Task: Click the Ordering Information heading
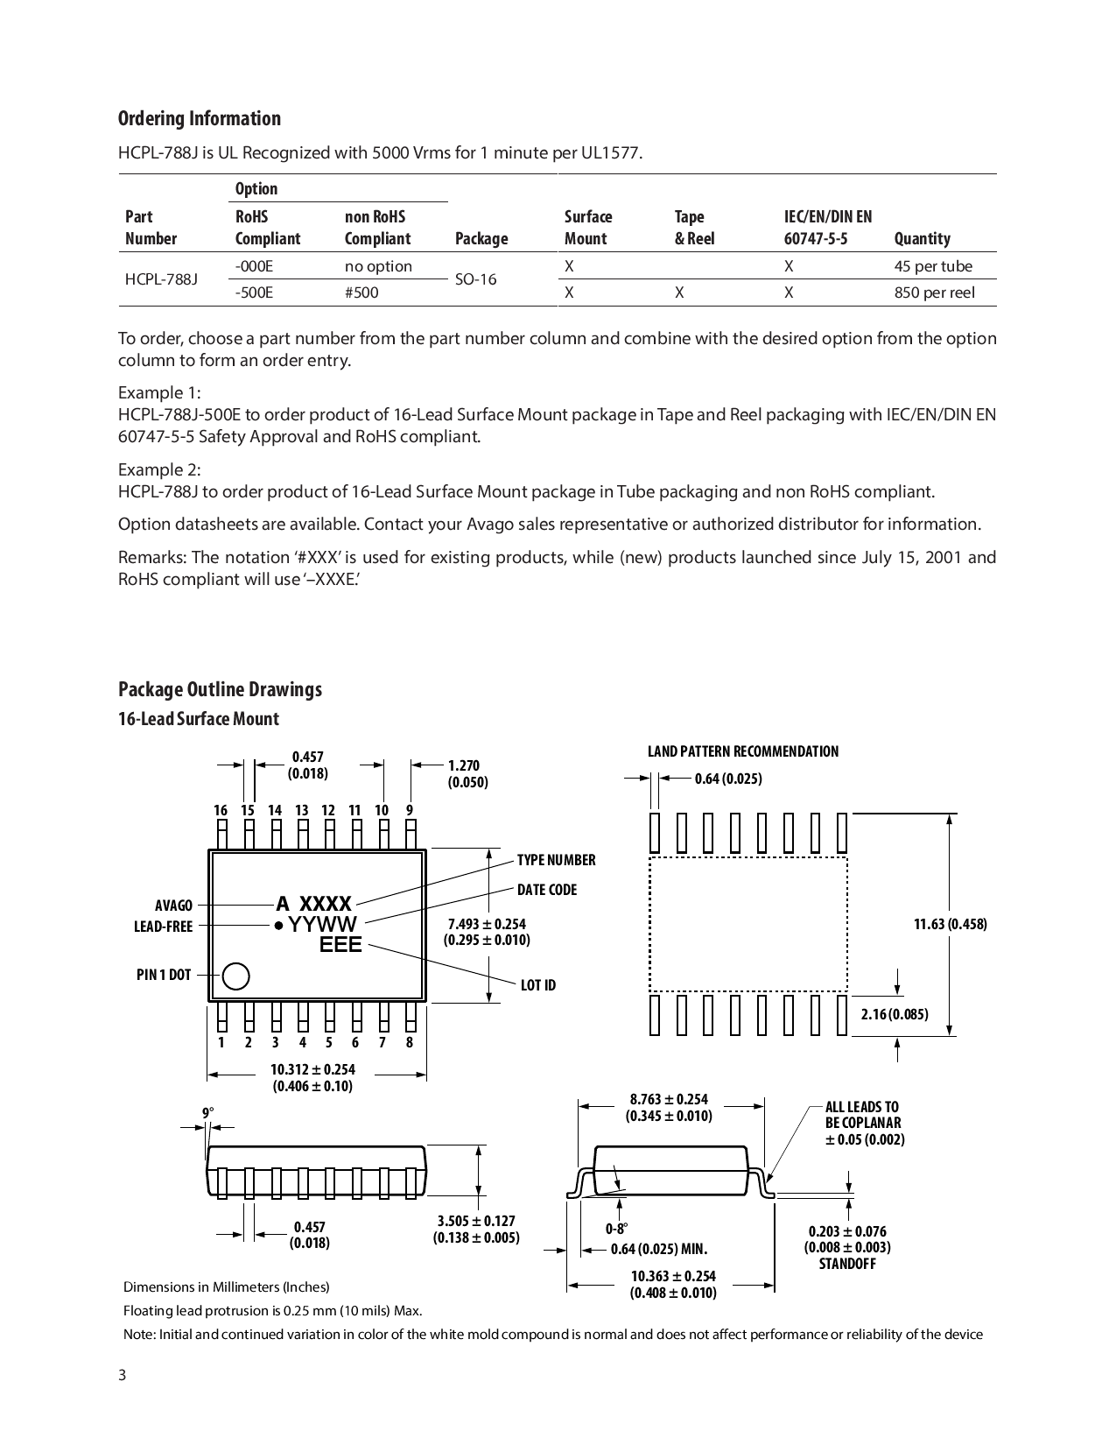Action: (200, 119)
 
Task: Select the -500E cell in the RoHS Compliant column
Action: (254, 293)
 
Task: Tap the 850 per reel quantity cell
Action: (934, 293)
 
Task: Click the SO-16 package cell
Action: (475, 279)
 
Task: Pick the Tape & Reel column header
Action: (693, 228)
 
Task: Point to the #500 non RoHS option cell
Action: (361, 293)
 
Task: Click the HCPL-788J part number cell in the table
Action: (161, 279)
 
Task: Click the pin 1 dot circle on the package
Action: (235, 976)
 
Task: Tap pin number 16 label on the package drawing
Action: (221, 811)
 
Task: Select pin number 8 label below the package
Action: (410, 1042)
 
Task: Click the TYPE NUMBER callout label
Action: (556, 860)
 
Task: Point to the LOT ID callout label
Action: (537, 985)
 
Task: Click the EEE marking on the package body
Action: (340, 945)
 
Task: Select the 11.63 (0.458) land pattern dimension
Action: (950, 924)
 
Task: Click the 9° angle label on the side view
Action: (208, 1113)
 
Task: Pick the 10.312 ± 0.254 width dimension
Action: (312, 1069)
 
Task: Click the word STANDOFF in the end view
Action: (846, 1264)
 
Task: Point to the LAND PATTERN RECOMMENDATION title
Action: (742, 751)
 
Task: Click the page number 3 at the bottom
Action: (123, 1375)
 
